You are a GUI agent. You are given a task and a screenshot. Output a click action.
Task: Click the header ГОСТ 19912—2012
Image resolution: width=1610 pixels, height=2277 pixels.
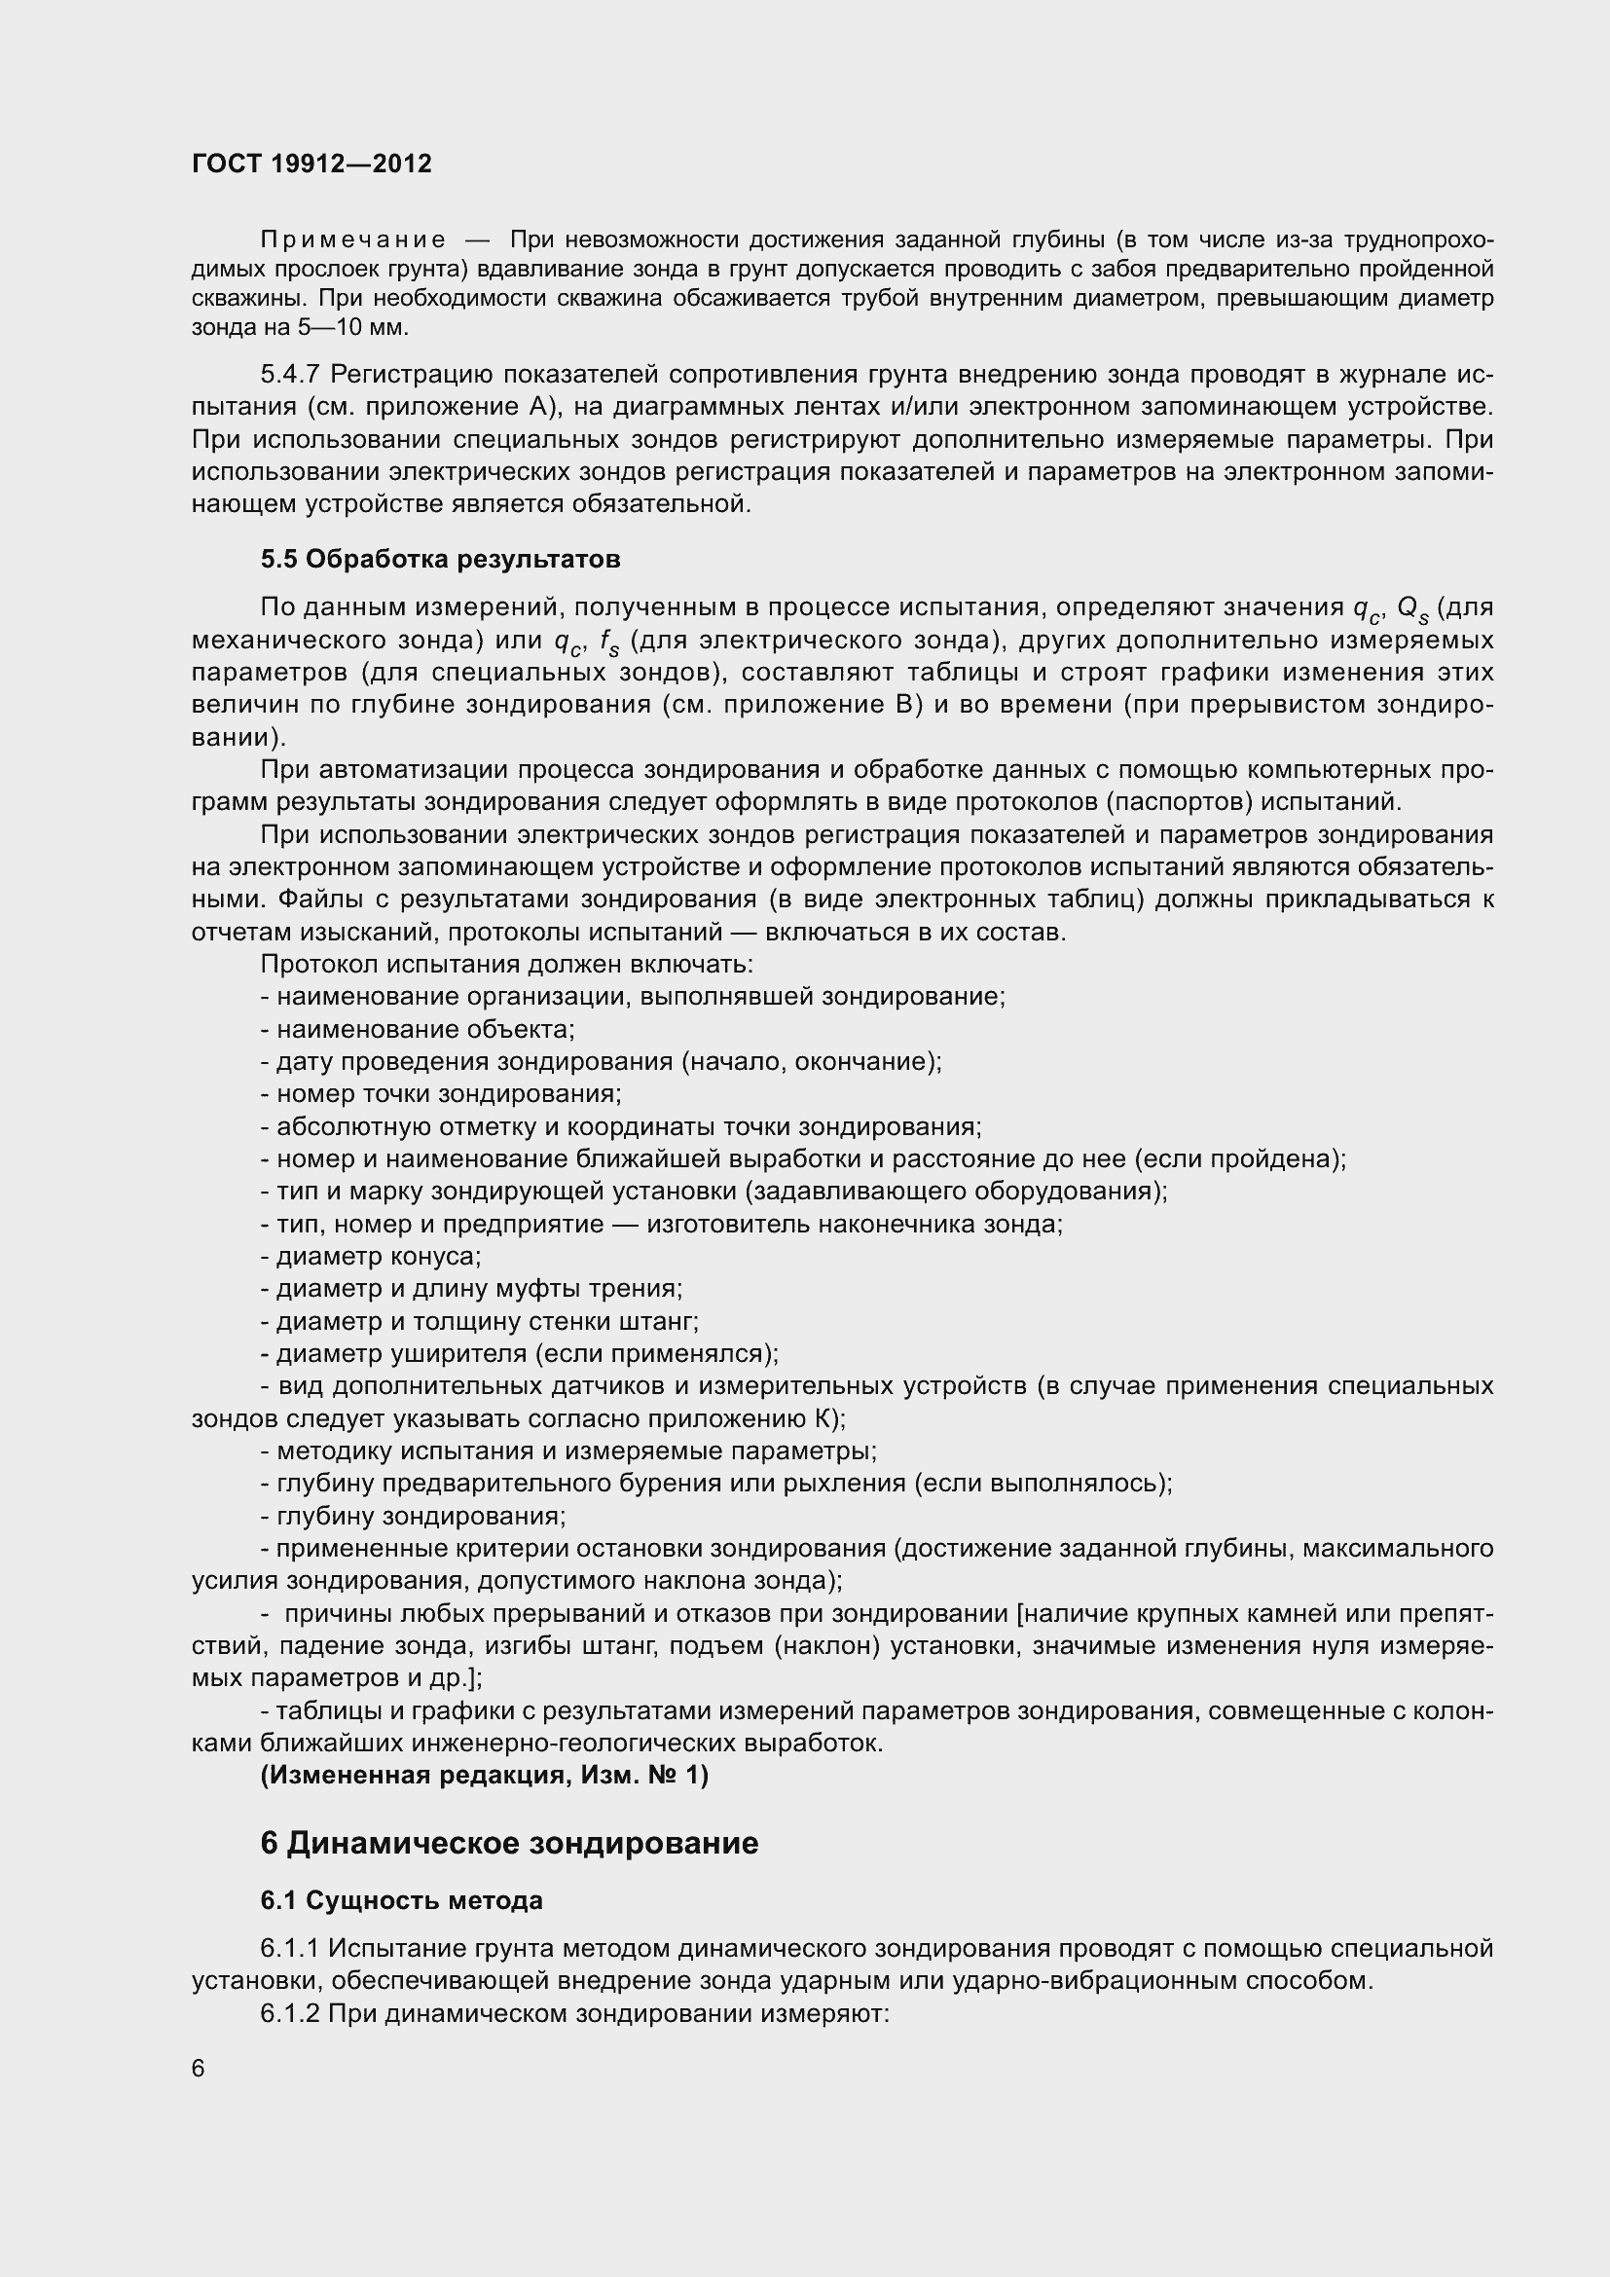click(311, 164)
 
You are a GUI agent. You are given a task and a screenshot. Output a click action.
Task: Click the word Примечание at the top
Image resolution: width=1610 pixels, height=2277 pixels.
click(352, 240)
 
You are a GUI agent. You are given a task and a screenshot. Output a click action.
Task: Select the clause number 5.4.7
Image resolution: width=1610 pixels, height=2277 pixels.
click(290, 374)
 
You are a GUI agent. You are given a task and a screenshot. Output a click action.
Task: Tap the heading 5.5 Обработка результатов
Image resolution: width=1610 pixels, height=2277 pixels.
click(440, 560)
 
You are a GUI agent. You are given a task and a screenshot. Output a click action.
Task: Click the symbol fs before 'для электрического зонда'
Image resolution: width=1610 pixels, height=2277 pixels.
click(609, 642)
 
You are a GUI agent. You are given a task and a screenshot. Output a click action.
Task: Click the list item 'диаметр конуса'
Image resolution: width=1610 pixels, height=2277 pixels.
click(371, 1257)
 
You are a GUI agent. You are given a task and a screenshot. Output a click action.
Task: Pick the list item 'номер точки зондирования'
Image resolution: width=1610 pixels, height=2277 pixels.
click(440, 1094)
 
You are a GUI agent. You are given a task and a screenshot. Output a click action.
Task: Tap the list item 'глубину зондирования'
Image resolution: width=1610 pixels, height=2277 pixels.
click(414, 1517)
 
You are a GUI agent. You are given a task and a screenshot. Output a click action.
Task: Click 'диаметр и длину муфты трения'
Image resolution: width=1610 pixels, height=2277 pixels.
click(472, 1289)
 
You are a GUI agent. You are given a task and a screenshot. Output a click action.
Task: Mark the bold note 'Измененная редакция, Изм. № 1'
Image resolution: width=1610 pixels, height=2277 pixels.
click(485, 1776)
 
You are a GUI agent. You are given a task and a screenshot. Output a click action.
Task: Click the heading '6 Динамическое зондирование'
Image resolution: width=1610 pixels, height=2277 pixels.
click(508, 1844)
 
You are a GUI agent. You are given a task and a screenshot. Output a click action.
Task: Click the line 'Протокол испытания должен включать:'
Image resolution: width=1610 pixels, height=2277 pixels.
click(506, 964)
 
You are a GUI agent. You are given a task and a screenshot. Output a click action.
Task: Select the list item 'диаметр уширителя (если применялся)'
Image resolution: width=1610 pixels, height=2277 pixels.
click(520, 1354)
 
